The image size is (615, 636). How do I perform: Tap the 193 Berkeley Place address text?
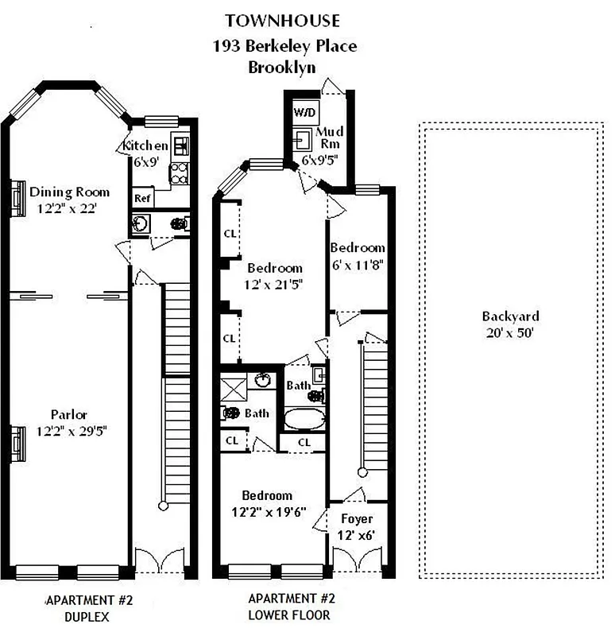[284, 45]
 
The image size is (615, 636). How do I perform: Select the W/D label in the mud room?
[304, 112]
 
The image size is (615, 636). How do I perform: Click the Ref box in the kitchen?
[143, 198]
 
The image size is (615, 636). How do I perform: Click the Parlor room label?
[69, 414]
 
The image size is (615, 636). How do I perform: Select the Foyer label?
[357, 519]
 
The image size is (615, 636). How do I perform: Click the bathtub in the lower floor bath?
[305, 417]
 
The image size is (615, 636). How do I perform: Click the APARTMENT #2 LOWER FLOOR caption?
[289, 607]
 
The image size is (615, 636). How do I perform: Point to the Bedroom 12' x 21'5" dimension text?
[274, 283]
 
